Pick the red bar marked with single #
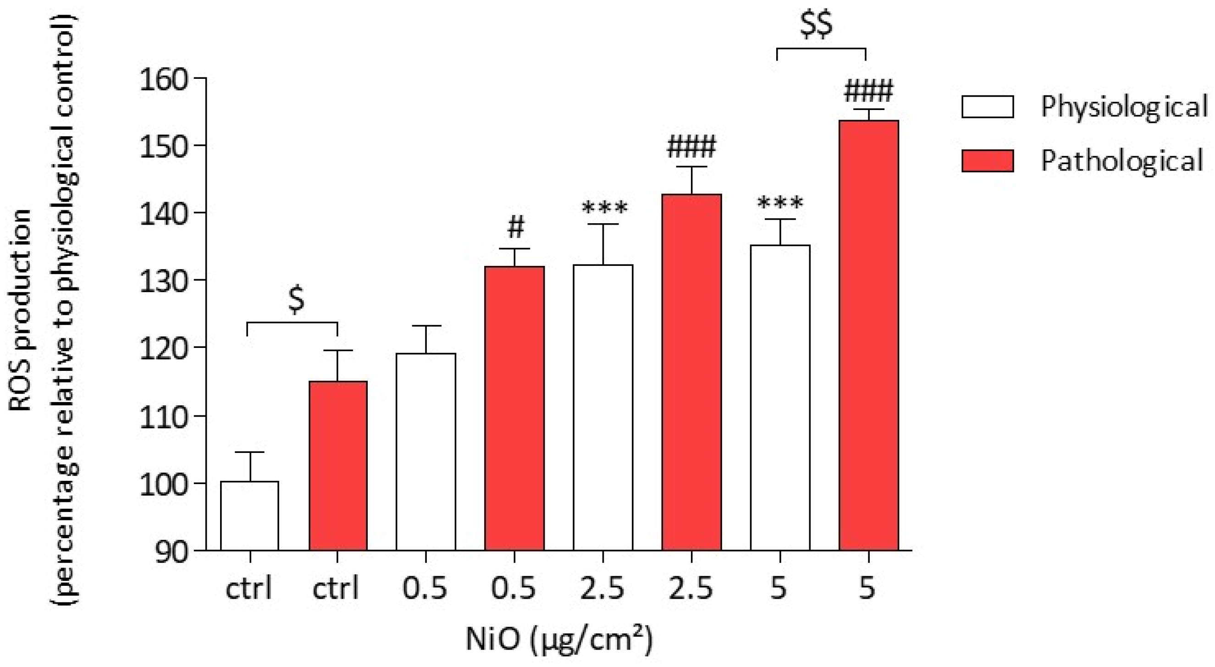tap(514, 408)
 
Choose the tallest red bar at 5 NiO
tap(868, 335)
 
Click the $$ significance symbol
tap(817, 25)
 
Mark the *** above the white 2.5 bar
tap(605, 208)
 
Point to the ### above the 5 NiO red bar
tap(868, 92)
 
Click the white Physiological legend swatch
tap(988, 107)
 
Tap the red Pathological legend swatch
tap(988, 161)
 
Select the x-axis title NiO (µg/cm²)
tap(559, 639)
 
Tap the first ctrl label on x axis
tap(249, 588)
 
